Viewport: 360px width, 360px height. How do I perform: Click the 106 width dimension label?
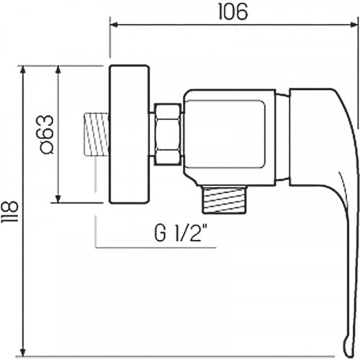click(233, 12)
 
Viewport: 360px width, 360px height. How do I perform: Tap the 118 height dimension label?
click(9, 212)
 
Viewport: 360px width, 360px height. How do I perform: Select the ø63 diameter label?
click(46, 134)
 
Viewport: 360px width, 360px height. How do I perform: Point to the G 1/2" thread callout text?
click(181, 233)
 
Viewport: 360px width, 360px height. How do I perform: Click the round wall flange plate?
click(129, 134)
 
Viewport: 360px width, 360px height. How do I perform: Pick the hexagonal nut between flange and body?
click(167, 134)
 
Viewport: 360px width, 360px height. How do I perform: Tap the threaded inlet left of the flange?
click(96, 134)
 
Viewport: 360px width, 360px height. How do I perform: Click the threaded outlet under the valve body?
click(225, 199)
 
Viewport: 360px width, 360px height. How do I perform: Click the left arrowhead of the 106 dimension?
click(114, 24)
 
